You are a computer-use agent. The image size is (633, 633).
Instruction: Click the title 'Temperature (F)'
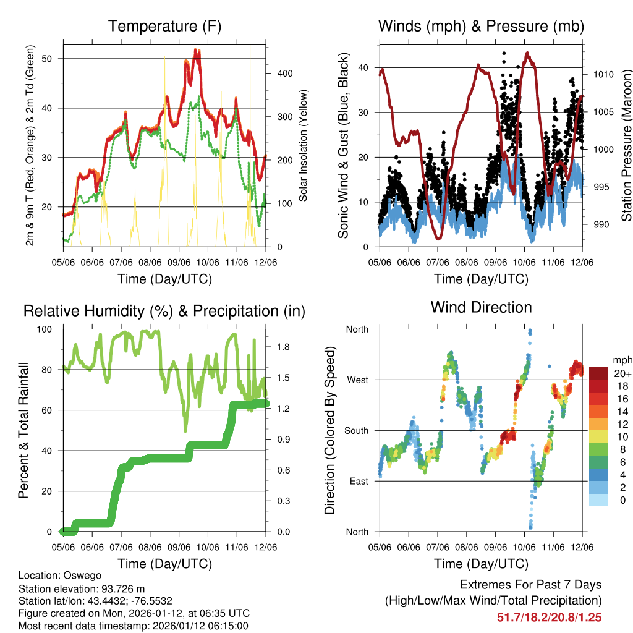(164, 27)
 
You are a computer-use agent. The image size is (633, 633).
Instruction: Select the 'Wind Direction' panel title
(481, 307)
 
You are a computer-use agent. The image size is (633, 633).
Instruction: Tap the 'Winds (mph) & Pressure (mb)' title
(481, 27)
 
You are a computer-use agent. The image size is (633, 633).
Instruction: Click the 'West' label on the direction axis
(357, 380)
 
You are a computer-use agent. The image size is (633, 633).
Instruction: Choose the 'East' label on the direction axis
(358, 482)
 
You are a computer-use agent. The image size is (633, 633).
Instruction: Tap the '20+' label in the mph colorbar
(621, 373)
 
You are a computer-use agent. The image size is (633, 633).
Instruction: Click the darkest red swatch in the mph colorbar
(598, 373)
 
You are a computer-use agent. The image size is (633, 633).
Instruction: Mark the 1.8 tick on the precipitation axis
(283, 347)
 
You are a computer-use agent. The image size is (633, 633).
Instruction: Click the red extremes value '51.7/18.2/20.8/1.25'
(550, 617)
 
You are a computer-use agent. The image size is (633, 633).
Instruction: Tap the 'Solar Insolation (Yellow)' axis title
(304, 146)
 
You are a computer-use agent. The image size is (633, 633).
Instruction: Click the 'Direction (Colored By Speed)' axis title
(329, 430)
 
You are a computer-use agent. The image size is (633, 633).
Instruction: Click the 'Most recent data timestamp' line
(134, 626)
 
